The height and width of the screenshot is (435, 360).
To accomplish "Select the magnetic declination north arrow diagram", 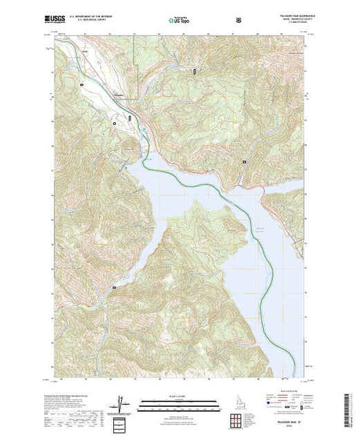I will (x=122, y=405).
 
